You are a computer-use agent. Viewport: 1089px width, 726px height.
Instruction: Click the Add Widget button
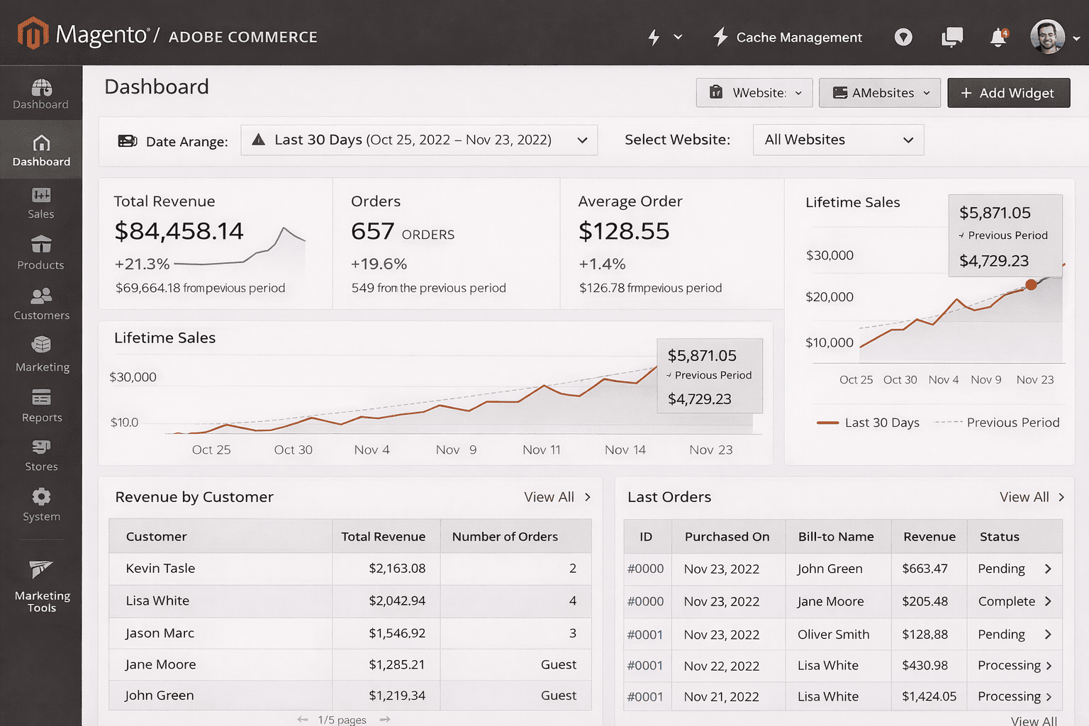click(x=1007, y=93)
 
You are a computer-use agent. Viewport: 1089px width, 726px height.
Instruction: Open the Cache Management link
click(x=788, y=37)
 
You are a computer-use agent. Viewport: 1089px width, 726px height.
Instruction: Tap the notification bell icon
click(x=998, y=37)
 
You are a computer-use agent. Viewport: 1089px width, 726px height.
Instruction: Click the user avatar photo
click(x=1047, y=37)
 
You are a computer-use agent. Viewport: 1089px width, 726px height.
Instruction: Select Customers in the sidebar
click(x=41, y=304)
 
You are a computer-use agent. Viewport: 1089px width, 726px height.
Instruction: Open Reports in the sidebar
click(x=41, y=406)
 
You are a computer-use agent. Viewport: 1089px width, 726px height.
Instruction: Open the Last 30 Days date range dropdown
click(x=419, y=140)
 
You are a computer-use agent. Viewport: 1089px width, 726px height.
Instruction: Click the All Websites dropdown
click(x=838, y=140)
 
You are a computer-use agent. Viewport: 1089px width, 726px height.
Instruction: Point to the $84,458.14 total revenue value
click(x=179, y=231)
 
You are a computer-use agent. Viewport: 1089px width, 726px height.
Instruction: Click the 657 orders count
click(x=373, y=231)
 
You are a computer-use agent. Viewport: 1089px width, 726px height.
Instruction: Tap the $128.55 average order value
click(x=624, y=231)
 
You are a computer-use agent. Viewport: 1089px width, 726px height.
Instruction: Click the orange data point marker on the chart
click(x=1031, y=285)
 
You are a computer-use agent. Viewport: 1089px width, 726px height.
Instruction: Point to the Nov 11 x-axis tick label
click(x=541, y=449)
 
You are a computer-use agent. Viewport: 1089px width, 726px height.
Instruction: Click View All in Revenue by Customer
click(x=549, y=497)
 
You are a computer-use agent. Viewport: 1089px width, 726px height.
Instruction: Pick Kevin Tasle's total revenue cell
click(x=396, y=569)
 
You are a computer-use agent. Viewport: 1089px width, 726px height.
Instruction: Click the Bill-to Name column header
click(x=836, y=537)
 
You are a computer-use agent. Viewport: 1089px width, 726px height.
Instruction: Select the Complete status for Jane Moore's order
click(x=1007, y=601)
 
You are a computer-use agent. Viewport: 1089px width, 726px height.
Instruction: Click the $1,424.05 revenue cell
click(x=929, y=696)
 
